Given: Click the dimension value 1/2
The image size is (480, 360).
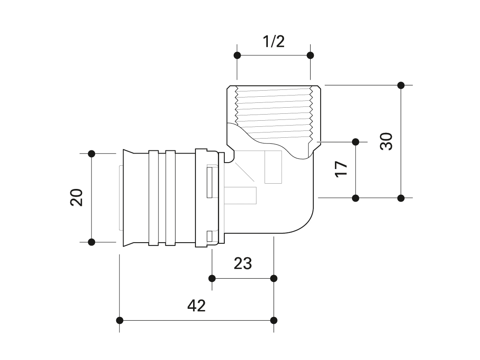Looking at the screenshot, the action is (x=274, y=41).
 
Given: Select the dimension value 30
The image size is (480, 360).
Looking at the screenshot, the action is (x=386, y=141).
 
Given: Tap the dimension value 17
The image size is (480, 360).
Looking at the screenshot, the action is (x=341, y=169).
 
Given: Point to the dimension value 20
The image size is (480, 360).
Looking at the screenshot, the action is (x=76, y=197).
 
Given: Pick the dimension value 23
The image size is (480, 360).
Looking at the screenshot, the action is (x=243, y=263).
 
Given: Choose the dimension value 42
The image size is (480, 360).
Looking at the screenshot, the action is (x=196, y=306).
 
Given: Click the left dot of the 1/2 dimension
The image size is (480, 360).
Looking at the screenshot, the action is (x=237, y=55).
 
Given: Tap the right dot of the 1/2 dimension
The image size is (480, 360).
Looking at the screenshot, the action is (x=310, y=55).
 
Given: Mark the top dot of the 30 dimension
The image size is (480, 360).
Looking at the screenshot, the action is (x=401, y=85).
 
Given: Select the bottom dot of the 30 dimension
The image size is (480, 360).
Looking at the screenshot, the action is (x=401, y=198).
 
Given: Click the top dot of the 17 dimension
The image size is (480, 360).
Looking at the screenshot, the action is (x=355, y=142).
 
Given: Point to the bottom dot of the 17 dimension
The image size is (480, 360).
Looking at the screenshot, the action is (x=355, y=198).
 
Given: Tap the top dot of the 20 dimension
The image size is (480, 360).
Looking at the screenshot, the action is (x=91, y=154).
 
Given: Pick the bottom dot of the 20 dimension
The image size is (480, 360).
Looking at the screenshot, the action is (x=91, y=242).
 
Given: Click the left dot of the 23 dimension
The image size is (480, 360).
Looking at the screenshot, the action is (x=212, y=278).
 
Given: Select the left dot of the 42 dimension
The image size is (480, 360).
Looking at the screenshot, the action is (x=119, y=321).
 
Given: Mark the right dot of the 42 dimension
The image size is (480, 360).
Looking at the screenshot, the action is (x=274, y=321).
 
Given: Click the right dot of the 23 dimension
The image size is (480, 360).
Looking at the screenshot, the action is (x=274, y=278).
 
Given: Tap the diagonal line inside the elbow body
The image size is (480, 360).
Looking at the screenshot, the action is (x=244, y=171).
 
